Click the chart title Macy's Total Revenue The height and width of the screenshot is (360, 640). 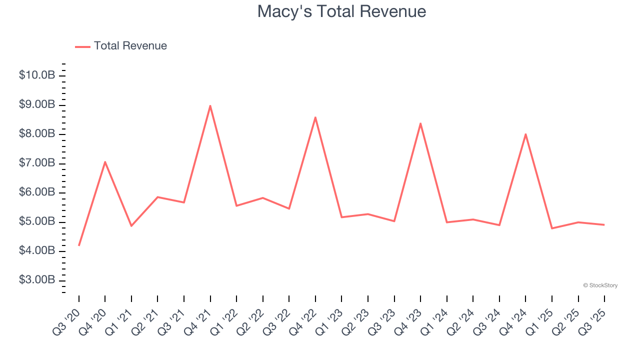pyautogui.click(x=341, y=11)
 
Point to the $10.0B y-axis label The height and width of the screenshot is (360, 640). pyautogui.click(x=37, y=75)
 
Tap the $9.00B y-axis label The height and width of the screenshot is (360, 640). pyautogui.click(x=37, y=105)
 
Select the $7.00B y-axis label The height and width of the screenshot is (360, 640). pyautogui.click(x=37, y=163)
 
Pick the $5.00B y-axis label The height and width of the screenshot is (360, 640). pyautogui.click(x=37, y=221)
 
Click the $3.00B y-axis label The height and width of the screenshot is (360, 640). pyautogui.click(x=37, y=280)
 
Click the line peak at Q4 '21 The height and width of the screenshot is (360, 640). pyautogui.click(x=210, y=105)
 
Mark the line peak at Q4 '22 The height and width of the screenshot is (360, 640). pyautogui.click(x=315, y=117)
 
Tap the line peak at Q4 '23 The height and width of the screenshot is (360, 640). pyautogui.click(x=420, y=123)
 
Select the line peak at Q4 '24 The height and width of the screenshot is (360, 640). pyautogui.click(x=525, y=134)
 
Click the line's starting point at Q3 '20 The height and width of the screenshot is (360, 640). pyautogui.click(x=79, y=245)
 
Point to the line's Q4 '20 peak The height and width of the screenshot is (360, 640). pyautogui.click(x=105, y=161)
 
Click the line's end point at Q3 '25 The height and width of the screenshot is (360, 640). pyautogui.click(x=604, y=224)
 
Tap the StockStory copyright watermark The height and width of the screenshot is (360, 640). pyautogui.click(x=600, y=285)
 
